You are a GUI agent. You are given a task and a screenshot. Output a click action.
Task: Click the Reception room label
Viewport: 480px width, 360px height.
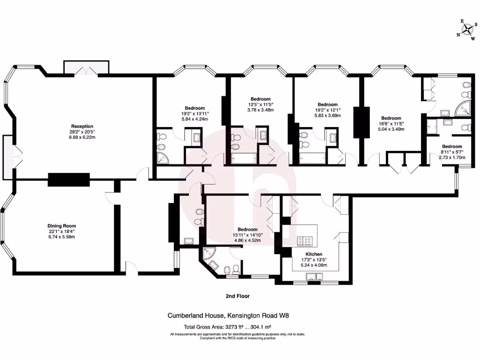click(82, 126)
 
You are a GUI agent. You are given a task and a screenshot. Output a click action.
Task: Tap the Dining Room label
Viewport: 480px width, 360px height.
click(61, 225)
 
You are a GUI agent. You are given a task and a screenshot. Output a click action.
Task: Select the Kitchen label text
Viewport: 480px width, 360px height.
click(314, 254)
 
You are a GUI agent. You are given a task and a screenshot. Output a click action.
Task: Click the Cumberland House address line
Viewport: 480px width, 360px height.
click(228, 316)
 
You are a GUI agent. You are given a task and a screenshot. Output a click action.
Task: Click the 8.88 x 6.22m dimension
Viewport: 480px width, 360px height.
click(82, 137)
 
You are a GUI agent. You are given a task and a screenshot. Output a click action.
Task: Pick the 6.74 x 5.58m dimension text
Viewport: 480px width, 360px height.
click(61, 237)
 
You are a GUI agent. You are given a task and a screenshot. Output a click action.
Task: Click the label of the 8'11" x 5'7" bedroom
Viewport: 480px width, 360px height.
click(452, 146)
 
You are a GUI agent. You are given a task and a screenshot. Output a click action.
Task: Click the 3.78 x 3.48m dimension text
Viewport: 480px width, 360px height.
click(261, 110)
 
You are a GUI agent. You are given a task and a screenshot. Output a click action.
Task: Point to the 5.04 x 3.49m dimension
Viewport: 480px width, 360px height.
click(391, 129)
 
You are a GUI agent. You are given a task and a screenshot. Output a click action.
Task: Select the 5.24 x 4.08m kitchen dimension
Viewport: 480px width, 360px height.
click(314, 265)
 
